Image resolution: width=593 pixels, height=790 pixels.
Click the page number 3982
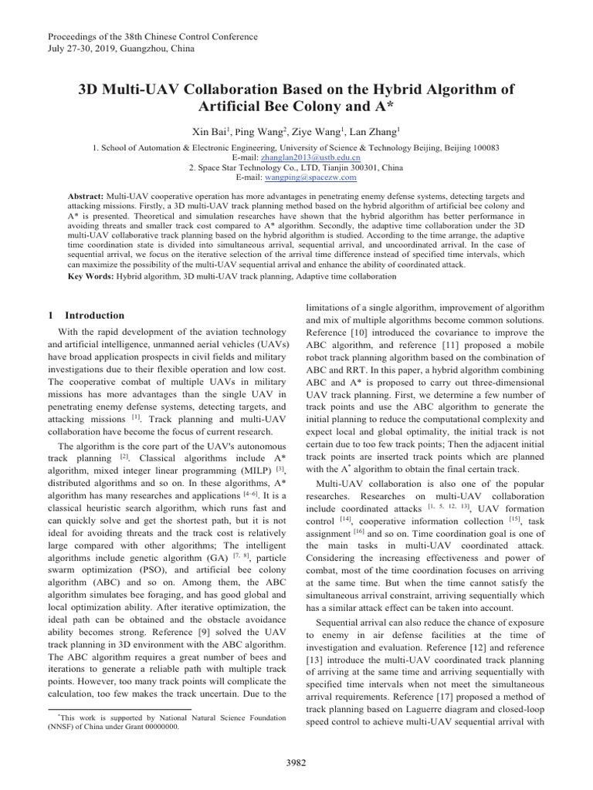pos(296,762)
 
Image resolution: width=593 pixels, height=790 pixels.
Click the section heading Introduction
pos(94,316)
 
